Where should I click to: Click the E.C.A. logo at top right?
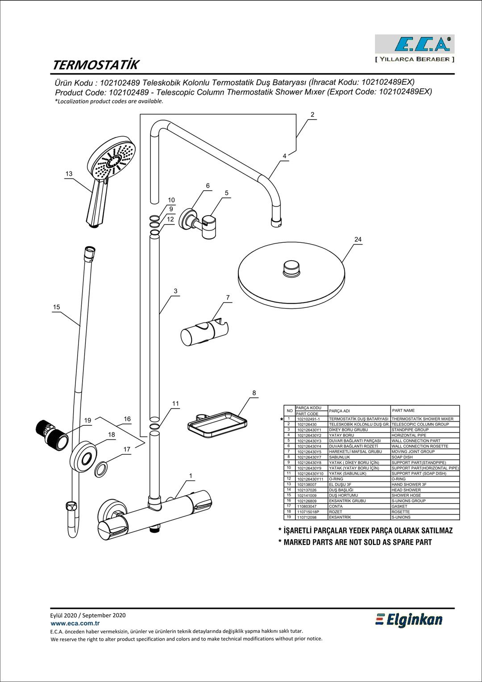click(414, 44)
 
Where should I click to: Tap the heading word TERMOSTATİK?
click(96, 65)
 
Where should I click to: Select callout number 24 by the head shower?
click(358, 240)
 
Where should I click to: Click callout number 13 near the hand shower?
click(69, 174)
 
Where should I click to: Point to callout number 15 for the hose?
click(56, 307)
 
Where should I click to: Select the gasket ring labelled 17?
click(102, 469)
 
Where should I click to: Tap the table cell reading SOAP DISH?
click(402, 457)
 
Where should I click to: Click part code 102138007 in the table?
click(307, 485)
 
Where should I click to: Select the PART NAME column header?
click(403, 411)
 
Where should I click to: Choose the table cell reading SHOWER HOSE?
click(406, 495)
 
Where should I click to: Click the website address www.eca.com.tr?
click(75, 624)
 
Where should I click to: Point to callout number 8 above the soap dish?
click(254, 393)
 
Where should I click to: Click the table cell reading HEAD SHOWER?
click(406, 490)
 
